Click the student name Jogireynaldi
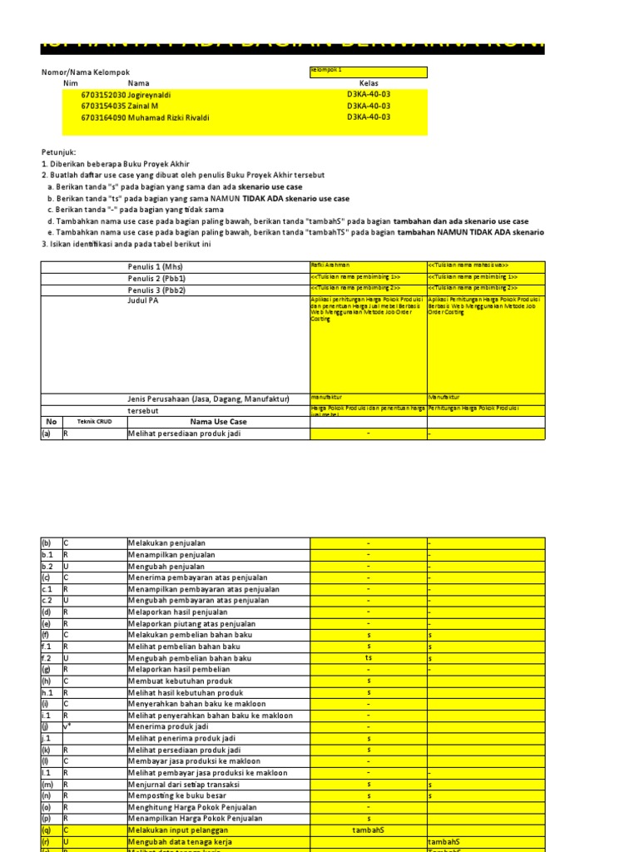149,96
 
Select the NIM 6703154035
103,106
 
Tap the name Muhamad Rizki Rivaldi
169,118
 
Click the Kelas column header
369,84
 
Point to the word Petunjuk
58,152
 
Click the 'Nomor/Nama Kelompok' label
86,73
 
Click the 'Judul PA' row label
142,301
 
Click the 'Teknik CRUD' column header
93,422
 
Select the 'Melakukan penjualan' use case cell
166,542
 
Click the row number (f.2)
48,658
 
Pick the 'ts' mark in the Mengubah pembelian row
369,658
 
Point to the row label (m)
48,784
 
